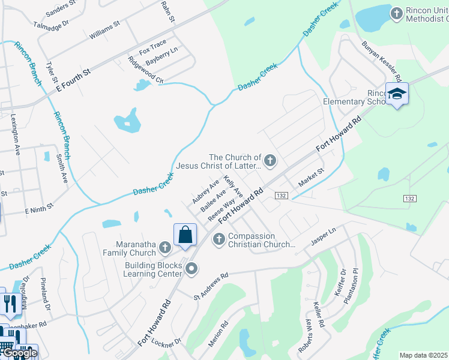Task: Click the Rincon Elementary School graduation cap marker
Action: pyautogui.click(x=397, y=94)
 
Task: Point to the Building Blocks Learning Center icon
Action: pyautogui.click(x=191, y=269)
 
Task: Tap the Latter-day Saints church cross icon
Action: pyautogui.click(x=271, y=161)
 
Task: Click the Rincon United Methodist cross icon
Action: pyautogui.click(x=396, y=13)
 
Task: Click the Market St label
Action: pyautogui.click(x=312, y=175)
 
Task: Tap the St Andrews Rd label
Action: pyautogui.click(x=211, y=286)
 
